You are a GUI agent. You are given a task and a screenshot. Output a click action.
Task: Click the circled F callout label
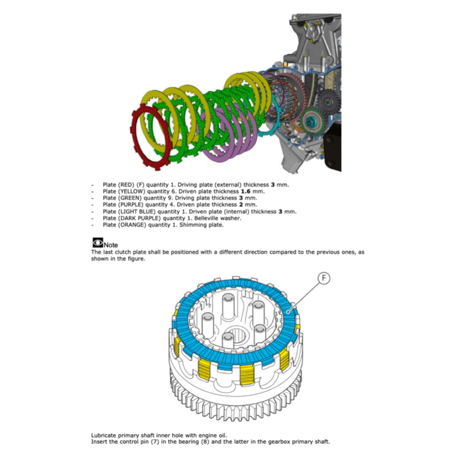[x=324, y=278]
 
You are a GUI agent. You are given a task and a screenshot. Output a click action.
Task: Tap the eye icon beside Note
[x=98, y=243]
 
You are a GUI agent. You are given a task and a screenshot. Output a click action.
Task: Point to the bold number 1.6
[x=246, y=191]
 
